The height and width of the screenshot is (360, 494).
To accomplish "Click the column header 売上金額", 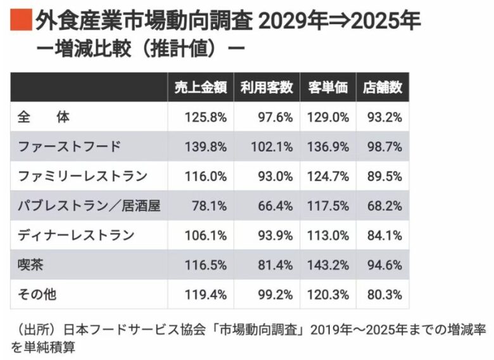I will click(200, 88).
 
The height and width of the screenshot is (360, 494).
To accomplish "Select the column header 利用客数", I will click(266, 88).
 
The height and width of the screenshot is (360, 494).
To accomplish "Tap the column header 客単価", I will click(327, 88).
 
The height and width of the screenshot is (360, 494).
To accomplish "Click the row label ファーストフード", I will click(70, 146).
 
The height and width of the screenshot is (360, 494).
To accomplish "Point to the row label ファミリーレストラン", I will click(83, 176).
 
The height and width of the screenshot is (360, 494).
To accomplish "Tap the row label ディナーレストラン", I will click(77, 235).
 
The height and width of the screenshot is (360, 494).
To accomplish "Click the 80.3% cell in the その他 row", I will click(386, 294).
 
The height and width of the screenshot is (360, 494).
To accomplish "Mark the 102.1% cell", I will click(272, 146).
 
